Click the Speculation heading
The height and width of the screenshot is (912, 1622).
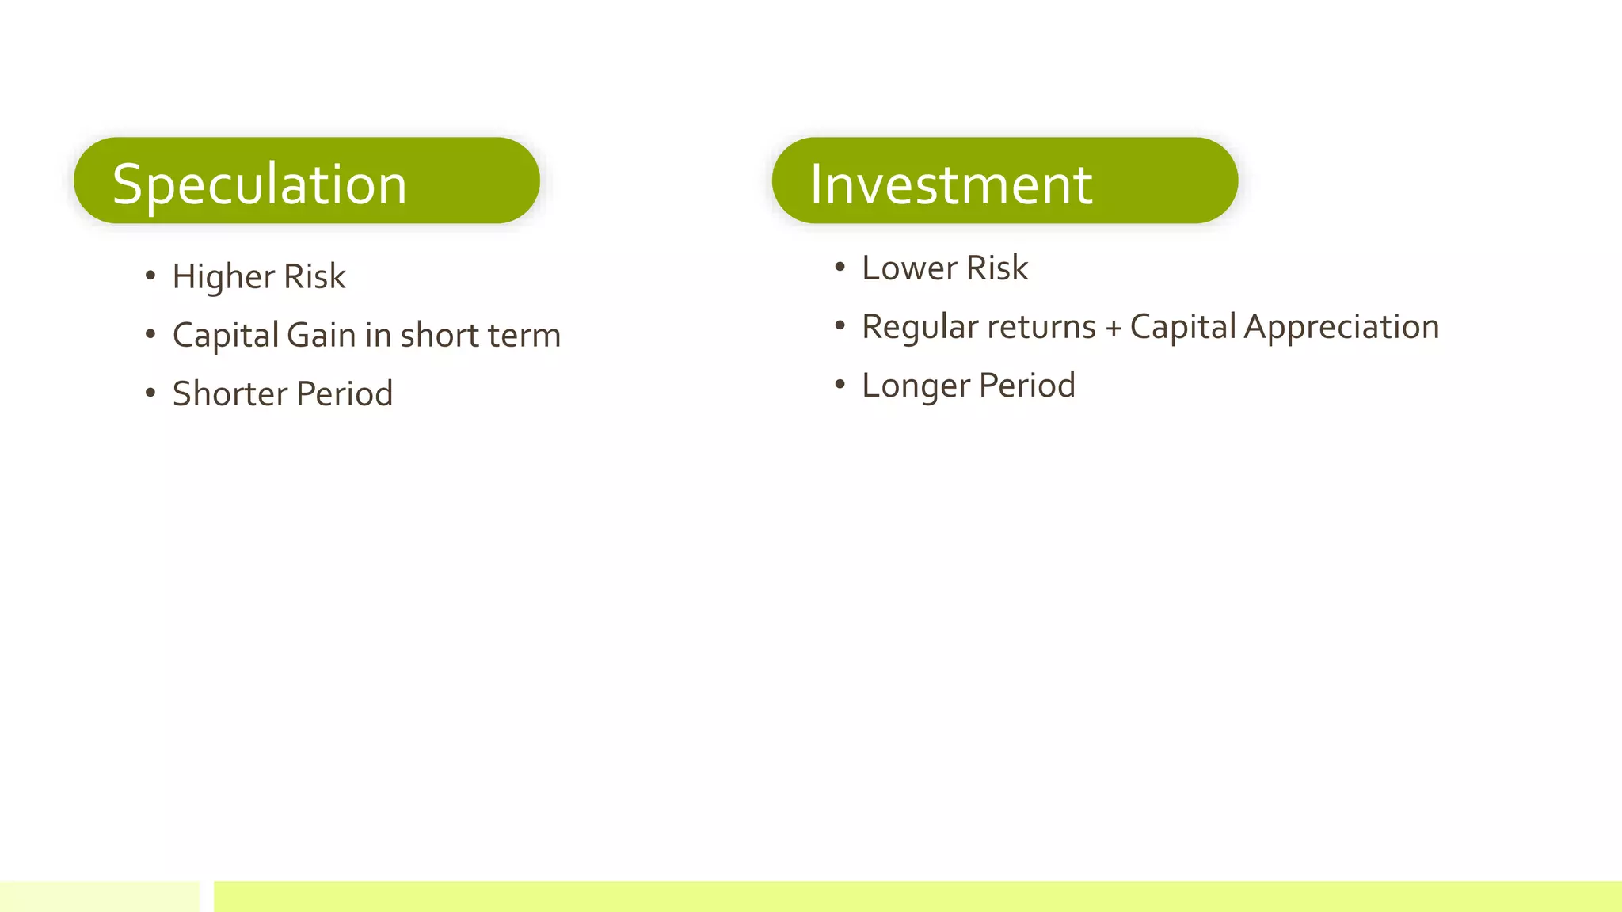260,184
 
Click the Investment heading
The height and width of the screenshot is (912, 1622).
951,184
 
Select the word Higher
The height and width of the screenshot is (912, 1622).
223,277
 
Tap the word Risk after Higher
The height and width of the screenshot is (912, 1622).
314,277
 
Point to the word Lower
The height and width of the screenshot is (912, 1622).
909,268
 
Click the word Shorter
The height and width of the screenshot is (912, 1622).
230,394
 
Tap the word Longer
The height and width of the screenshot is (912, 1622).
916,386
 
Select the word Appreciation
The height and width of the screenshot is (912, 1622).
1342,328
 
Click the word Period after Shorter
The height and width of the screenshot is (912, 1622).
345,394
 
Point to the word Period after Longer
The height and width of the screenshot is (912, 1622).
1027,386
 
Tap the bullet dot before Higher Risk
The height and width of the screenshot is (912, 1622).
150,275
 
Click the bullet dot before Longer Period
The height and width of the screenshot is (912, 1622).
840,385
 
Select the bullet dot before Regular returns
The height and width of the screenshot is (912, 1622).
840,326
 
